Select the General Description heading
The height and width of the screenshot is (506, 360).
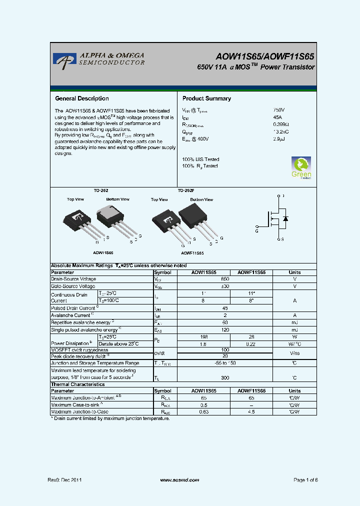pyautogui.click(x=81, y=98)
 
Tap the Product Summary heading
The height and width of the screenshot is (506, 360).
pyautogui.click(x=206, y=98)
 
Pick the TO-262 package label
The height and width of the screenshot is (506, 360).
pyautogui.click(x=101, y=191)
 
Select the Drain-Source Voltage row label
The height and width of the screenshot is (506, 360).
pyautogui.click(x=73, y=279)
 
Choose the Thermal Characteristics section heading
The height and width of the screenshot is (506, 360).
pyautogui.click(x=77, y=384)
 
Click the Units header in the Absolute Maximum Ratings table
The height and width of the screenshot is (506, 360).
pyautogui.click(x=294, y=272)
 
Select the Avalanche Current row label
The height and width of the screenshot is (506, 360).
pyautogui.click(x=71, y=315)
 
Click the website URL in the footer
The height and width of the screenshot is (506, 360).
pyautogui.click(x=179, y=479)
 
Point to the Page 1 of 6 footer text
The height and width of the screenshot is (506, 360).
pyautogui.click(x=305, y=479)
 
